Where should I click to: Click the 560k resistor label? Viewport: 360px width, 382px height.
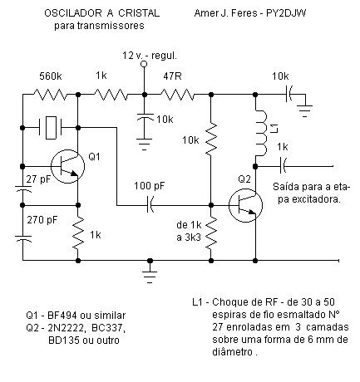(x=51, y=76)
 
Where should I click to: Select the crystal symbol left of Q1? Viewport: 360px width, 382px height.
(x=51, y=128)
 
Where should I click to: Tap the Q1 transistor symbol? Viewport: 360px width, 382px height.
(x=67, y=166)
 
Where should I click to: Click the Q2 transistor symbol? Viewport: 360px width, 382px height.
(x=245, y=205)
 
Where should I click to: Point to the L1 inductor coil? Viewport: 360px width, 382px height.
(x=261, y=133)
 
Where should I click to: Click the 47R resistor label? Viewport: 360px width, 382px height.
(x=172, y=76)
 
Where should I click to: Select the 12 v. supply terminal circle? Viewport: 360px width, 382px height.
(x=144, y=64)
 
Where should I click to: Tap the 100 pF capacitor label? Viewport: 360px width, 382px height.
(x=150, y=186)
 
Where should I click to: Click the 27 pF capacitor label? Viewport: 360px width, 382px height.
(x=38, y=179)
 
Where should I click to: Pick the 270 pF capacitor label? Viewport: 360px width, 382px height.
(x=42, y=220)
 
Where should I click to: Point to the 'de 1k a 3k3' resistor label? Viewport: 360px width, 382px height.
(x=189, y=231)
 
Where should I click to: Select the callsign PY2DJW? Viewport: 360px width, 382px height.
(x=286, y=13)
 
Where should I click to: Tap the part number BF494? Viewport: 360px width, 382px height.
(x=62, y=316)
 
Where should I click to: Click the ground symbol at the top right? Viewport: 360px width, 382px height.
(x=305, y=110)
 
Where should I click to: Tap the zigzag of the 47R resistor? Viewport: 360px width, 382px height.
(x=177, y=95)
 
